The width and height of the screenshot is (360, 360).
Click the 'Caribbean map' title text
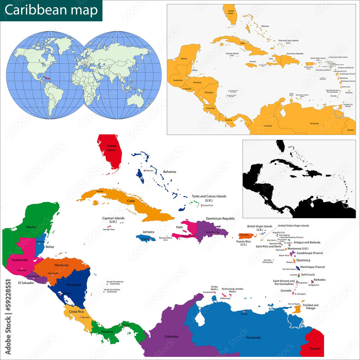click(51, 10)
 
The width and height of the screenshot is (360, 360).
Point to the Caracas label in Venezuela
click(244, 314)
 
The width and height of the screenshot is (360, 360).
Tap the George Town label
click(109, 229)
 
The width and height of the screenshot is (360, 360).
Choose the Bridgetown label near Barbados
click(314, 285)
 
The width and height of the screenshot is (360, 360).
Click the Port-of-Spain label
click(294, 304)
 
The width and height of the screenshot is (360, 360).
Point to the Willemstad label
click(225, 298)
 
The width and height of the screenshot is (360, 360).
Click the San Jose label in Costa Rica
click(85, 317)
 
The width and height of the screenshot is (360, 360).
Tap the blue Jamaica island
click(146, 238)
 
